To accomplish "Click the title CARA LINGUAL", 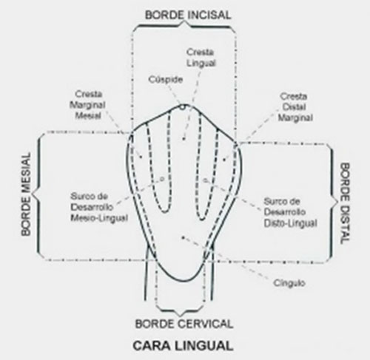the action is pos(183,345).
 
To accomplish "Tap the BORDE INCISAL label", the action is pos(188,15).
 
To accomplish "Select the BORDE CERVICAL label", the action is pos(184,324).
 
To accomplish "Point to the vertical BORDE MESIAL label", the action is pos(26,194).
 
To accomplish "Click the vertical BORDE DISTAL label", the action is pos(345,203).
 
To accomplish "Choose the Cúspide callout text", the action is pos(166,80).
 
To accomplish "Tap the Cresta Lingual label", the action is pos(201,58).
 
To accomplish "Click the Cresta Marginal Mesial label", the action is pos(87,105).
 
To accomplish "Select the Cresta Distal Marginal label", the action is pos(295,107).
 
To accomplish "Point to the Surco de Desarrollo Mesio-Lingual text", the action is pos(99,207).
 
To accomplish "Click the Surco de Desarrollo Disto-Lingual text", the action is pos(290,212).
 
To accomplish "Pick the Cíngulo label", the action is pos(289,283).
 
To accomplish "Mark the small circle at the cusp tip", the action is pos(182,107).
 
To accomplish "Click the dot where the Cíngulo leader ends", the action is pos(183,237).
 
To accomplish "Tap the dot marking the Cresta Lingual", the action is pos(184,139).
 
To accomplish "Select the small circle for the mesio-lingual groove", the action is pos(162,179).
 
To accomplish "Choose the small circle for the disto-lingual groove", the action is pos(204,180).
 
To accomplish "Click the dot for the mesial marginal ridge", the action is pos(141,157).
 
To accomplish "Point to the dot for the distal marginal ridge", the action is pos(224,160).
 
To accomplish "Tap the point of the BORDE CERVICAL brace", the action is pos(180,315).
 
